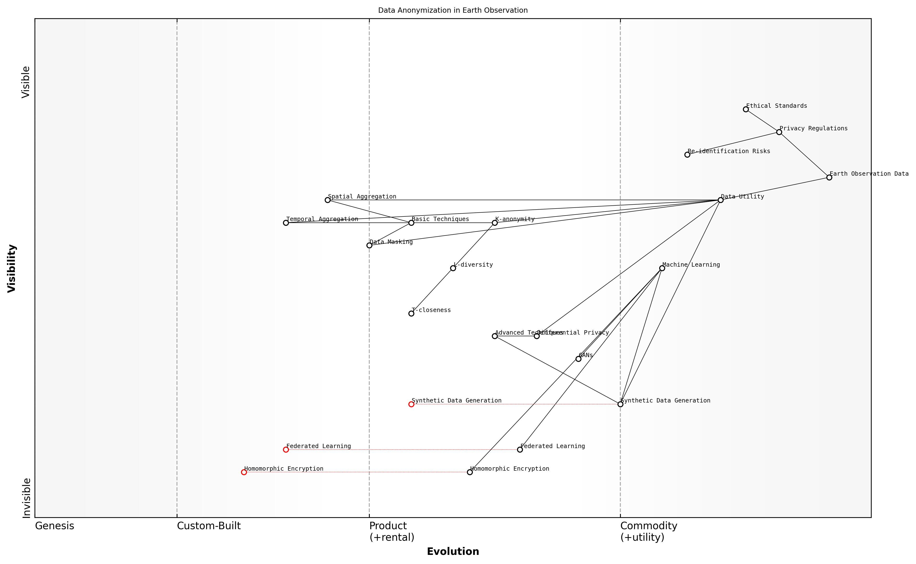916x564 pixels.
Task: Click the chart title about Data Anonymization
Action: click(452, 11)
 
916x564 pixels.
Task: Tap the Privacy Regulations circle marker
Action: click(779, 132)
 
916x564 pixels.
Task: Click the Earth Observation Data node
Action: click(829, 178)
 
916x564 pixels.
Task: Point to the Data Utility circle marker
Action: click(720, 200)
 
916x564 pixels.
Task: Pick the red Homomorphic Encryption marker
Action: click(244, 472)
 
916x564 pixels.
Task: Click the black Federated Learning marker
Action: click(520, 450)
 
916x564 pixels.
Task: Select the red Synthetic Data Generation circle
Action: click(411, 404)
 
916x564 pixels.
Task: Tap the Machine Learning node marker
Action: click(662, 268)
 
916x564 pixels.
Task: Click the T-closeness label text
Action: click(431, 310)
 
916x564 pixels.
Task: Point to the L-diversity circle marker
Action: click(453, 268)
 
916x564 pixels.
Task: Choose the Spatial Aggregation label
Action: click(362, 197)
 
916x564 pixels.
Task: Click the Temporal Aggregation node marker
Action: click(286, 223)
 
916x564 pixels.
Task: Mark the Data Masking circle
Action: click(369, 246)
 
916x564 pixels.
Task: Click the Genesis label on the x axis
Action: click(54, 526)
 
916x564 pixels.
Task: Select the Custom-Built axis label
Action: click(209, 526)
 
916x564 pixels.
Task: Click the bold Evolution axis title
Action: click(453, 551)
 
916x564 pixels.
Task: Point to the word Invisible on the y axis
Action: click(26, 498)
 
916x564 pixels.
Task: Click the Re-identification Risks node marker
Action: click(687, 155)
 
